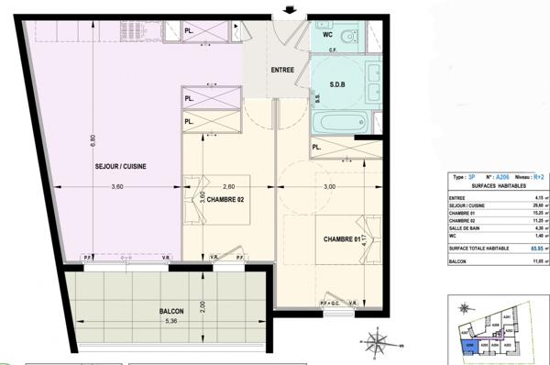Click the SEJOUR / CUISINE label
coord(120,166)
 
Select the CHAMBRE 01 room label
coord(343,239)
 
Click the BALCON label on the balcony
coord(171,312)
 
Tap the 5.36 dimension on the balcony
coord(171,322)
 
